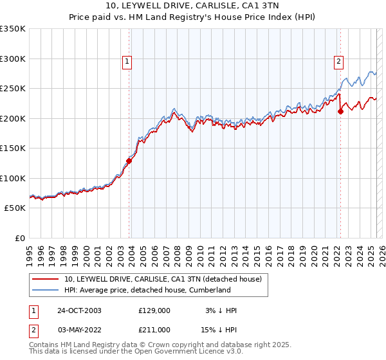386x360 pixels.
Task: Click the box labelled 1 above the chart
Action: click(x=127, y=62)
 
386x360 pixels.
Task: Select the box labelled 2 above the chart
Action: click(x=338, y=62)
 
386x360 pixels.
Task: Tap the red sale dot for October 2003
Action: click(x=129, y=161)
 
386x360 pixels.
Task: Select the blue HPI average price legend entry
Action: click(x=147, y=291)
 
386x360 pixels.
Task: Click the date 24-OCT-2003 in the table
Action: click(x=79, y=310)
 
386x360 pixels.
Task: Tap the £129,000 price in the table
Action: click(x=154, y=310)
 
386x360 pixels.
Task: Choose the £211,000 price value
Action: click(x=154, y=330)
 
